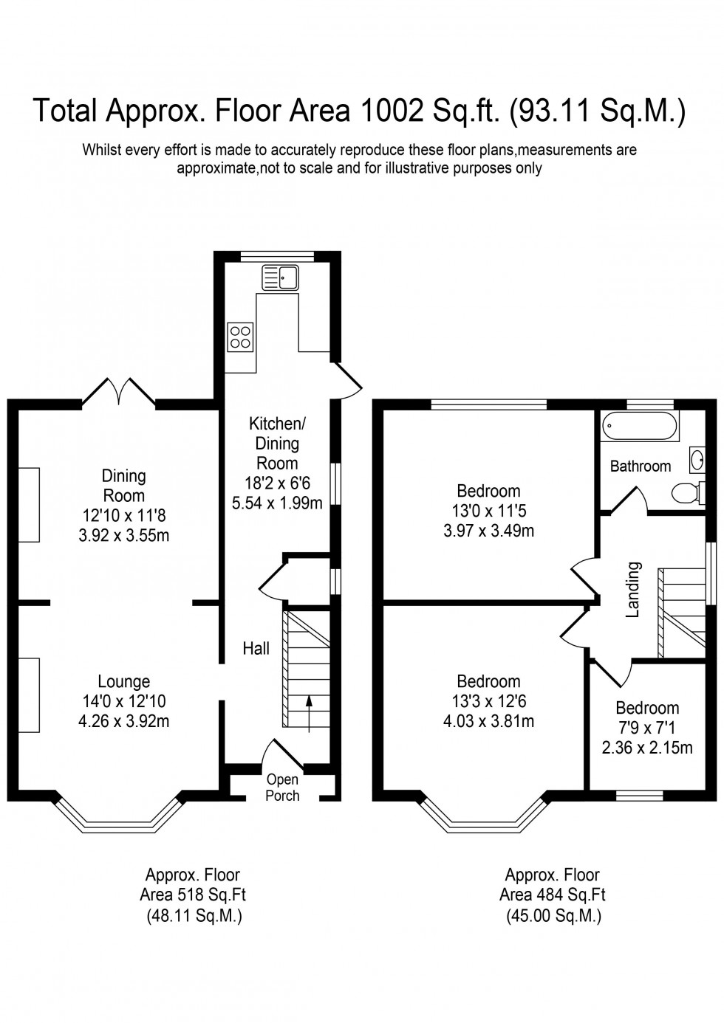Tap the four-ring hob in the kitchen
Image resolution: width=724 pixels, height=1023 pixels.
[240, 336]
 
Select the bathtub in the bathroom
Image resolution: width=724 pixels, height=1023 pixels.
[639, 427]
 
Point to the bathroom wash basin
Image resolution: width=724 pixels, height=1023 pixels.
[696, 460]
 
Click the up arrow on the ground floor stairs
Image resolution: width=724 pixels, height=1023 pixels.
[308, 713]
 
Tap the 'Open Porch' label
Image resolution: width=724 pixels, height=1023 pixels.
[282, 788]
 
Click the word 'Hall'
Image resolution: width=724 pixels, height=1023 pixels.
[256, 648]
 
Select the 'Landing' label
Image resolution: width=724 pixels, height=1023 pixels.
[632, 590]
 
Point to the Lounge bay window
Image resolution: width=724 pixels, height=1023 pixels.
[118, 819]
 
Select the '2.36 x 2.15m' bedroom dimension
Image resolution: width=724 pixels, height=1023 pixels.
[647, 748]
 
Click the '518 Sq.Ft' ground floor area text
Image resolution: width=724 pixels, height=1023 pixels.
[193, 895]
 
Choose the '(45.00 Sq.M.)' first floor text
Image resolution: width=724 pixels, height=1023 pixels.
[553, 916]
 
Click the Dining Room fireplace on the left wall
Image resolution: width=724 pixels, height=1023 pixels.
[29, 504]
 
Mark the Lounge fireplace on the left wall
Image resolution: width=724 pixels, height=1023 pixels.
[29, 695]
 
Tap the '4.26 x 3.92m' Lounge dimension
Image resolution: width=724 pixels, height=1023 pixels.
[124, 721]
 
